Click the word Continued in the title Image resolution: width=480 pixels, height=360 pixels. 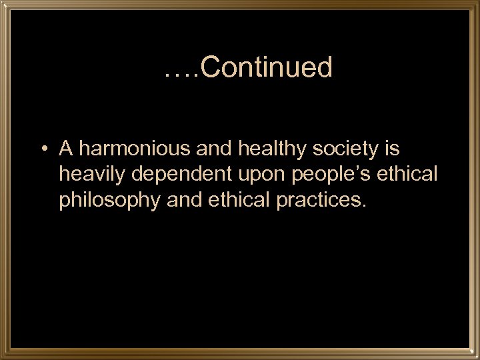tap(265, 67)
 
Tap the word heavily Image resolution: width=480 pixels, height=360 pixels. tap(93, 174)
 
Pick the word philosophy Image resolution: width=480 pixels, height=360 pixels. tap(110, 201)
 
